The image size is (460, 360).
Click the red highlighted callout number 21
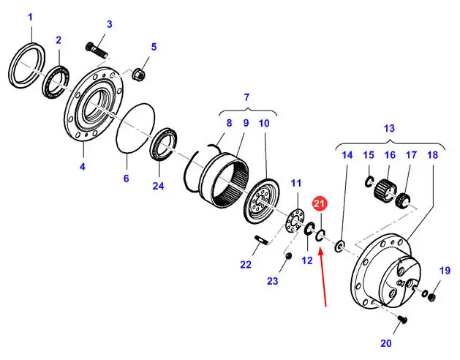click(x=319, y=204)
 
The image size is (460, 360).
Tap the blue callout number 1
click(x=31, y=17)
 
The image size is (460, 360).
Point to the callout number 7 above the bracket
click(x=246, y=97)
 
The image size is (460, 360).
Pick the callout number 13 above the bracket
click(x=389, y=128)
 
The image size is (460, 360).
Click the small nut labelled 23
click(x=288, y=256)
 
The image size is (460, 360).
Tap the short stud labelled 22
click(x=261, y=239)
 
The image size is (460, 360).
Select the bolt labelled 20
click(x=402, y=320)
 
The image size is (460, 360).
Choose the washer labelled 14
click(x=340, y=246)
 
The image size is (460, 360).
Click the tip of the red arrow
click(x=320, y=248)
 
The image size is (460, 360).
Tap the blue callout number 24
click(x=158, y=186)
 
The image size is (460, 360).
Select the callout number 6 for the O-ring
click(x=126, y=179)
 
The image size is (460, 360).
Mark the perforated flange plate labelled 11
click(x=295, y=222)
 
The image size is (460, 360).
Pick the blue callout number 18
click(x=433, y=154)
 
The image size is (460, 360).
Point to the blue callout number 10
click(x=264, y=124)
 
